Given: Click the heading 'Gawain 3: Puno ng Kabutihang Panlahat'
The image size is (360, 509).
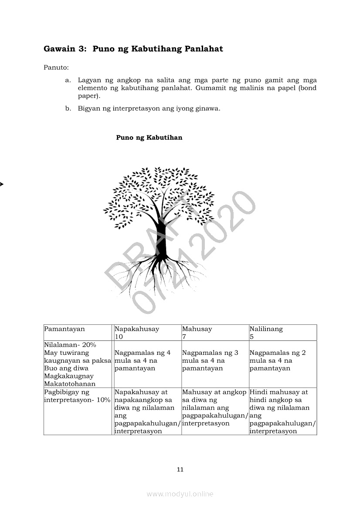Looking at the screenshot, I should (133, 49).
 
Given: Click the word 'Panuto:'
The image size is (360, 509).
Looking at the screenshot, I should (56, 67).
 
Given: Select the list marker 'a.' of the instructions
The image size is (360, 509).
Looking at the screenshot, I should (68, 81).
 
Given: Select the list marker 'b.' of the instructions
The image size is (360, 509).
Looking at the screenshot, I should (68, 108).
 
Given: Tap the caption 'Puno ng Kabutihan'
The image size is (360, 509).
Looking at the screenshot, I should (149, 138).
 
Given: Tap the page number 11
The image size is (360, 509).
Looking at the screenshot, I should (180, 469).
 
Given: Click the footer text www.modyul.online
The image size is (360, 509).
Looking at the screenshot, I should (180, 494).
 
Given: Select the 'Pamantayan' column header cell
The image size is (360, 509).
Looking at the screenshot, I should (65, 329).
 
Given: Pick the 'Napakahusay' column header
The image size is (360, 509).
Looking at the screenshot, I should (137, 329).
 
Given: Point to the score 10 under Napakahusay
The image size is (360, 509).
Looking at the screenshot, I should (119, 337).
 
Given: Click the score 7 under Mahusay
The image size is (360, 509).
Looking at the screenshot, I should (184, 337).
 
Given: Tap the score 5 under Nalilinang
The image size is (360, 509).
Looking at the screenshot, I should (251, 337).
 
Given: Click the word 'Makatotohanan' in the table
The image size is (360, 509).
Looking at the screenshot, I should (70, 384).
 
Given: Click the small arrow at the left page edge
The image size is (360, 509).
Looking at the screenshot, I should (1, 184).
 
